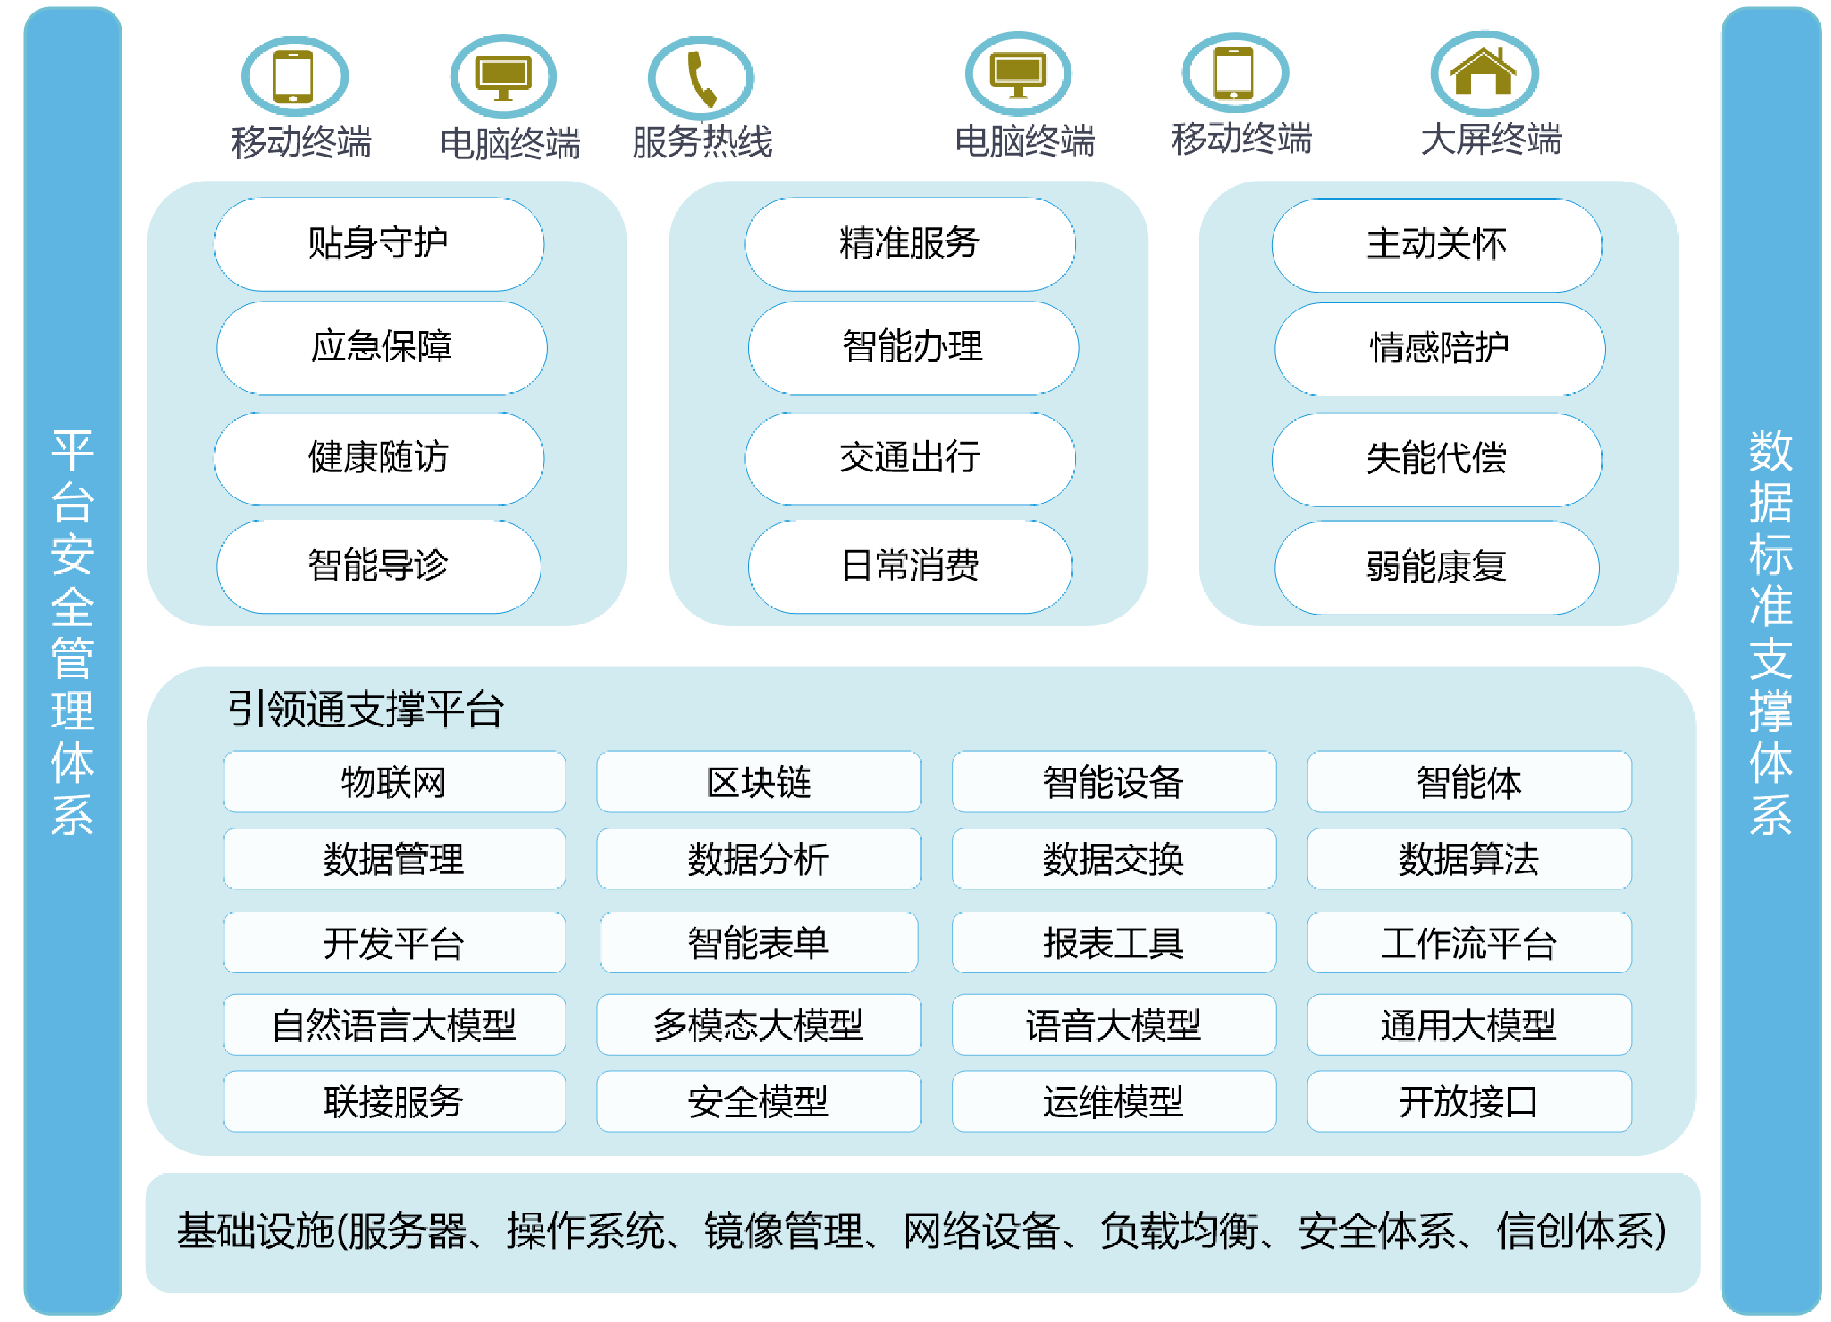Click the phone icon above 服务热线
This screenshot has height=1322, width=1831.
701,77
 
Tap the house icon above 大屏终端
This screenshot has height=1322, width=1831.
1484,73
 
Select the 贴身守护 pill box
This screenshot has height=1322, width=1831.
379,244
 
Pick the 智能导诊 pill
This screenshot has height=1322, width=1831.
379,566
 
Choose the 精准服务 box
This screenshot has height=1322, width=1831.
910,244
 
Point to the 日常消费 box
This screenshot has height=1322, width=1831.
910,566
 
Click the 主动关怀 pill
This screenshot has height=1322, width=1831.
1436,245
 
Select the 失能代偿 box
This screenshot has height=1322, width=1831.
1436,460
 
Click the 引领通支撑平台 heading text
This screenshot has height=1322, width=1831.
365,710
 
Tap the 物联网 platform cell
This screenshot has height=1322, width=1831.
394,782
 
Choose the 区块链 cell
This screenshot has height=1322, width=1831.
758,782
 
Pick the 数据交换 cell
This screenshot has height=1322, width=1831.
1114,858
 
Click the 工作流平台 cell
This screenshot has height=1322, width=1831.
1469,942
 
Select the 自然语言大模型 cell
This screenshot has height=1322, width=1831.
394,1025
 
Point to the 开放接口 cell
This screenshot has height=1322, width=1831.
1469,1102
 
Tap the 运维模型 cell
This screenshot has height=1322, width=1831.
1114,1102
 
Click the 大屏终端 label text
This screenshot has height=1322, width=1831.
1491,139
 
